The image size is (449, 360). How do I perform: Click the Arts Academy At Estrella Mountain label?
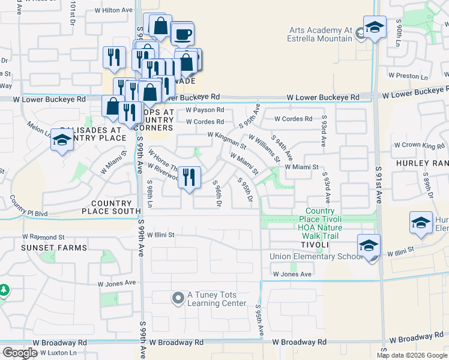click(x=321, y=34)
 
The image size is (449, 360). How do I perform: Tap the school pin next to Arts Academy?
click(x=375, y=28)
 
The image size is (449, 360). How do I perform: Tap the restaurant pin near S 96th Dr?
click(x=189, y=178)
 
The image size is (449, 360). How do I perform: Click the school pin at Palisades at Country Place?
click(x=62, y=140)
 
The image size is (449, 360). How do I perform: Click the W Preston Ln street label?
click(x=408, y=76)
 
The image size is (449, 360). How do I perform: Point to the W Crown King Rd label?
click(x=419, y=145)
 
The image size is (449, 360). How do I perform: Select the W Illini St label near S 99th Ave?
click(x=160, y=235)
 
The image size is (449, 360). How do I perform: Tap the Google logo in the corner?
click(x=20, y=353)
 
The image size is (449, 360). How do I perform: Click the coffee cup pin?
click(x=182, y=34)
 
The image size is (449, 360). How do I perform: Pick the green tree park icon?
click(x=4, y=291)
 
